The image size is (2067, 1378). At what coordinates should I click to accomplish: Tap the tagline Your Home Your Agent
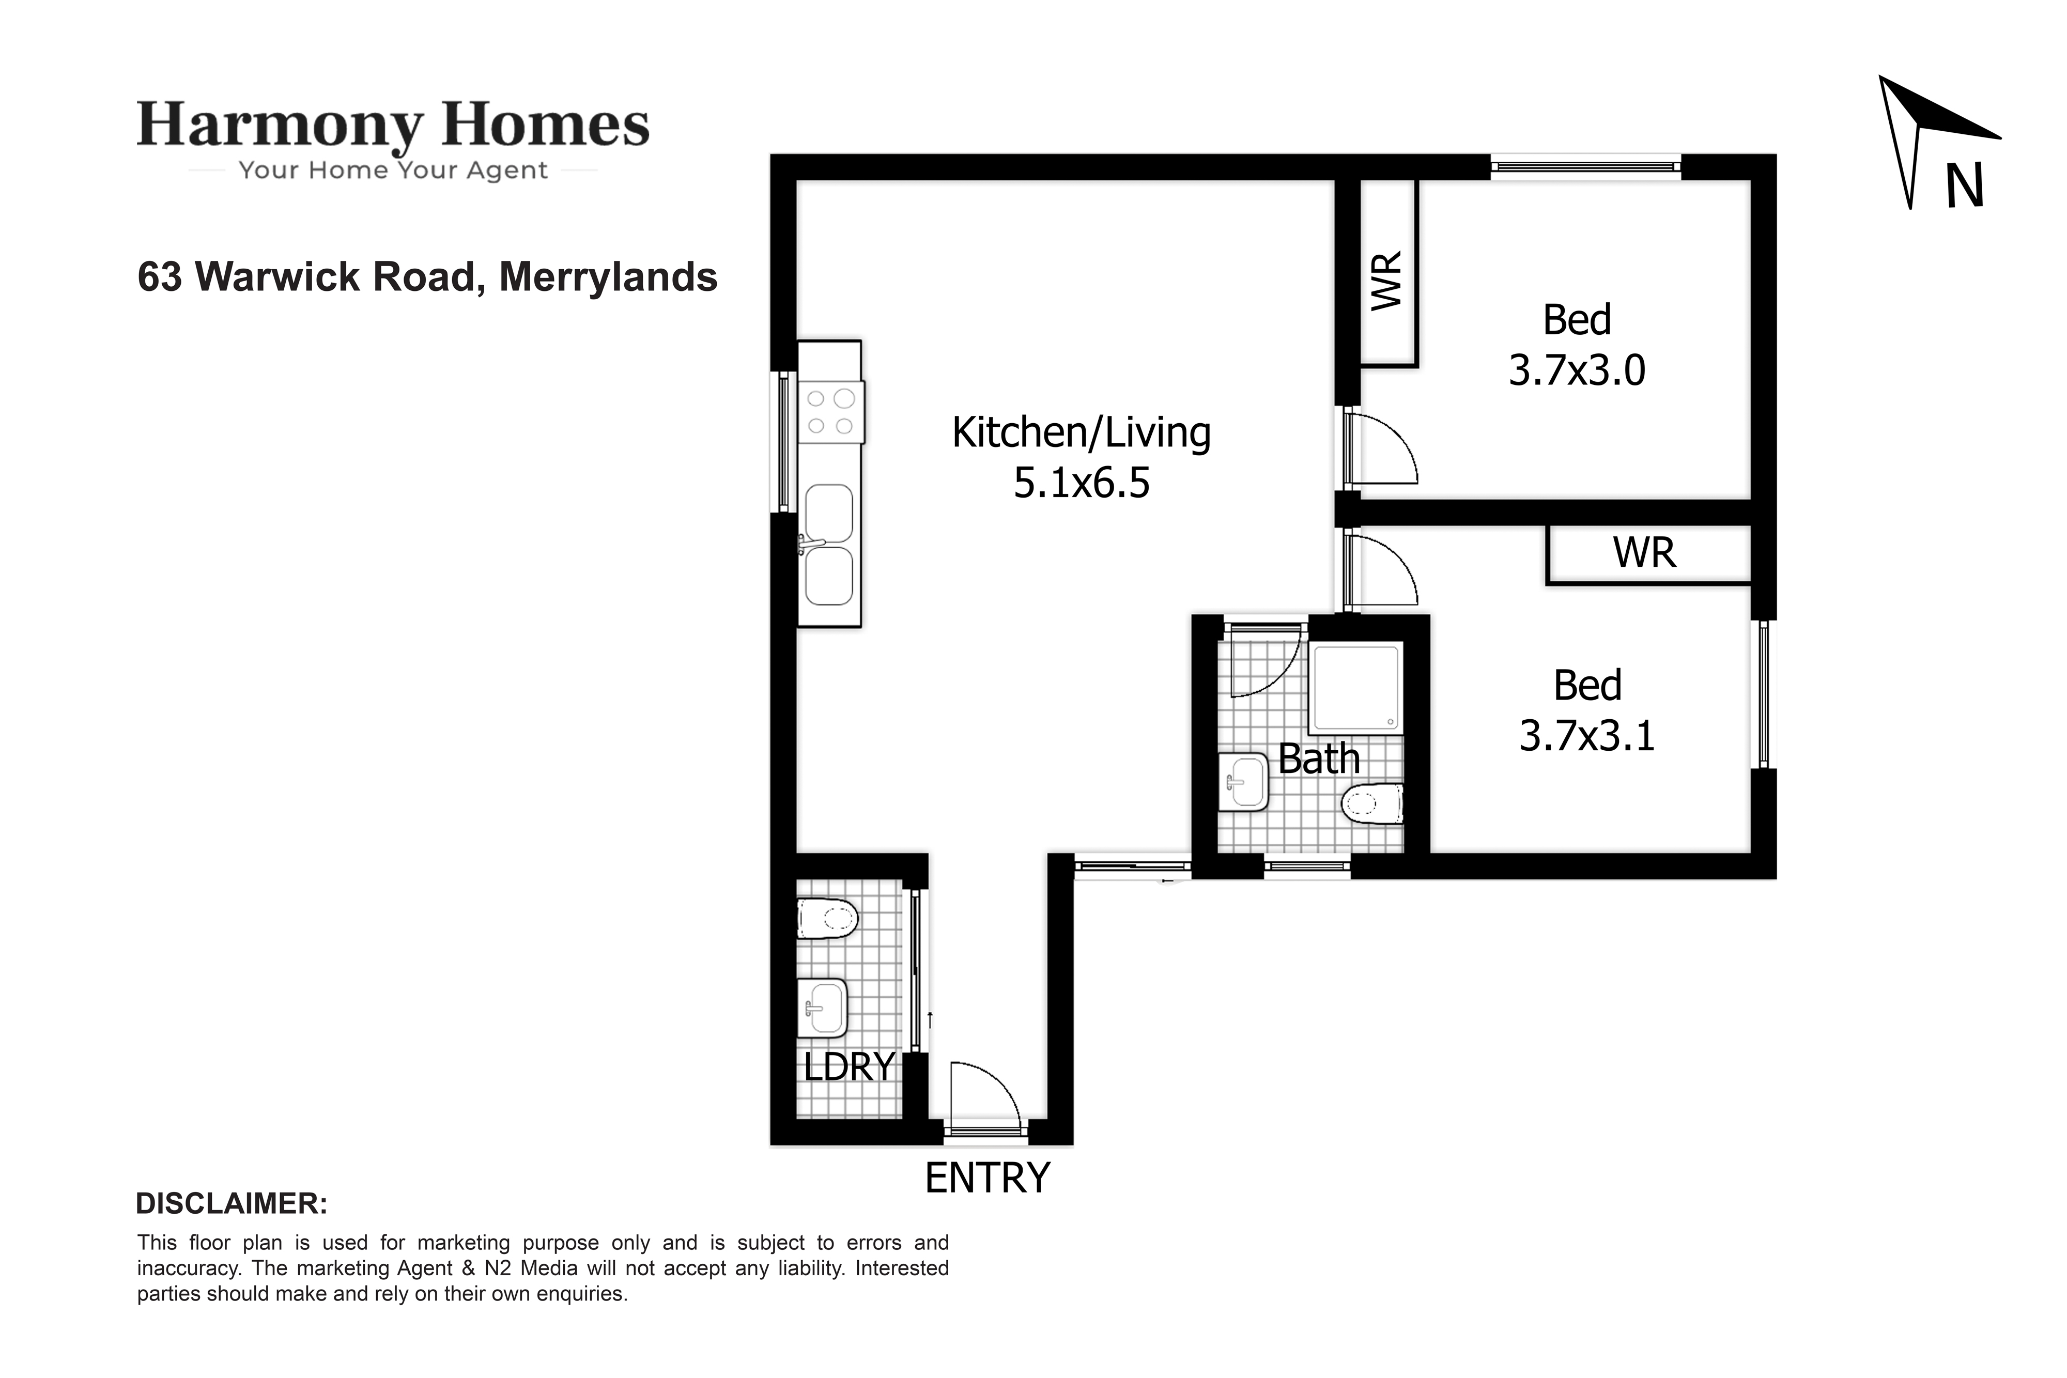pyautogui.click(x=393, y=171)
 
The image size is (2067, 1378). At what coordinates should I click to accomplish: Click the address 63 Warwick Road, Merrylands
pyautogui.click(x=427, y=277)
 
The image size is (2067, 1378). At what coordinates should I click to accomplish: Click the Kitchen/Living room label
pyautogui.click(x=1081, y=432)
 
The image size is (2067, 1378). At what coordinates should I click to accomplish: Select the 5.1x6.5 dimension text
pyautogui.click(x=1081, y=483)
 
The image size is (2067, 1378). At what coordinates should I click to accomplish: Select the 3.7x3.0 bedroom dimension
pyautogui.click(x=1577, y=370)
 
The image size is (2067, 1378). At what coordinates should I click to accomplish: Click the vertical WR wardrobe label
pyautogui.click(x=1387, y=281)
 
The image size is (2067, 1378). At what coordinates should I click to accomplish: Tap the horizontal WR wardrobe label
pyautogui.click(x=1644, y=553)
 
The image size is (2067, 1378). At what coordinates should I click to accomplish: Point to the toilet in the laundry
pyautogui.click(x=827, y=918)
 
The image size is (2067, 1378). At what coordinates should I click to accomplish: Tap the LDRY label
pyautogui.click(x=849, y=1067)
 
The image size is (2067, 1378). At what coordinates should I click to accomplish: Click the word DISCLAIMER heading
pyautogui.click(x=232, y=1203)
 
